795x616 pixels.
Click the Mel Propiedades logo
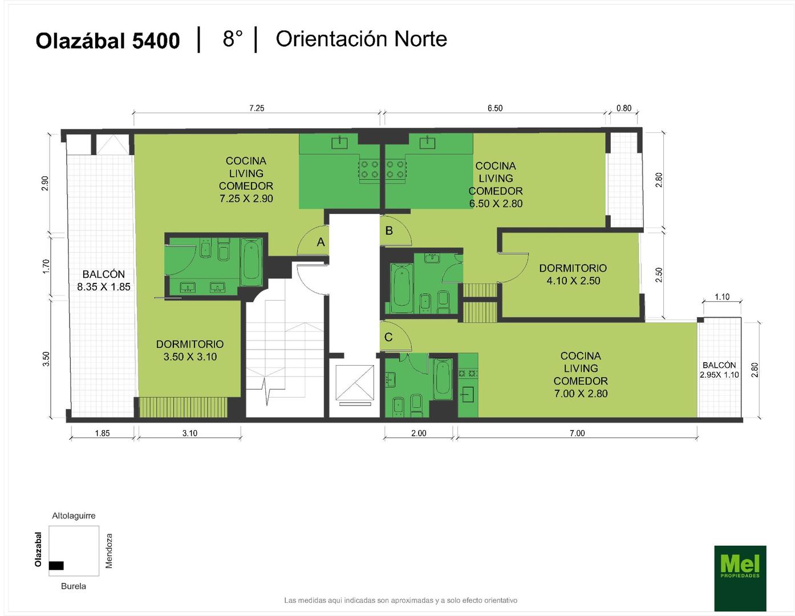point(740,578)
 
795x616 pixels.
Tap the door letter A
point(321,242)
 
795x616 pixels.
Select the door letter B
point(390,230)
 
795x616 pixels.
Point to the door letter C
point(388,337)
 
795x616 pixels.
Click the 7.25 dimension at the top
point(257,108)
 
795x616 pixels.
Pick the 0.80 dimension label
point(624,108)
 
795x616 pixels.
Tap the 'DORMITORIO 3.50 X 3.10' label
point(190,350)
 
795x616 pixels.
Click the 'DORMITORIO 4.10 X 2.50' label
point(573,274)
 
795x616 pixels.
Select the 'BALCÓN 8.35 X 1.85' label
point(104,280)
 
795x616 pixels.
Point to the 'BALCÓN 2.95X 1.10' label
point(719,370)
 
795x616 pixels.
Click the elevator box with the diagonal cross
point(355,382)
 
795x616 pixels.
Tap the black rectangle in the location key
point(56,565)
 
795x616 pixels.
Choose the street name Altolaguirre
point(74,516)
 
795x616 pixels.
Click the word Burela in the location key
point(74,586)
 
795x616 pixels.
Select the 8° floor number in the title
point(233,39)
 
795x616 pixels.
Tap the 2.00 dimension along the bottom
point(419,433)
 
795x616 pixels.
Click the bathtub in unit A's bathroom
point(252,262)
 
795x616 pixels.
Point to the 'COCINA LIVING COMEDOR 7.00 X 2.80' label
point(581,375)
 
